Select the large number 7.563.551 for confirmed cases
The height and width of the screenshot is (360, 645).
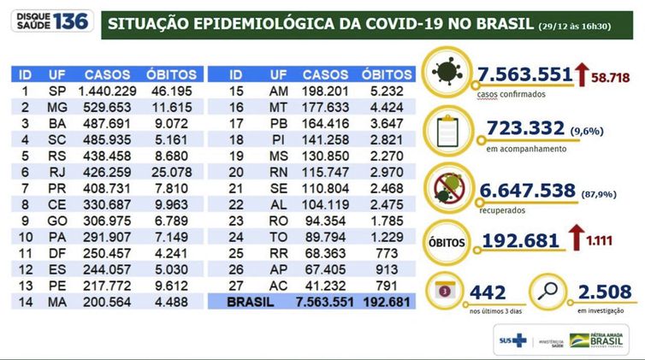point(523,75)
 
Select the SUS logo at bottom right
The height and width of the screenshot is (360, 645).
point(511,340)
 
